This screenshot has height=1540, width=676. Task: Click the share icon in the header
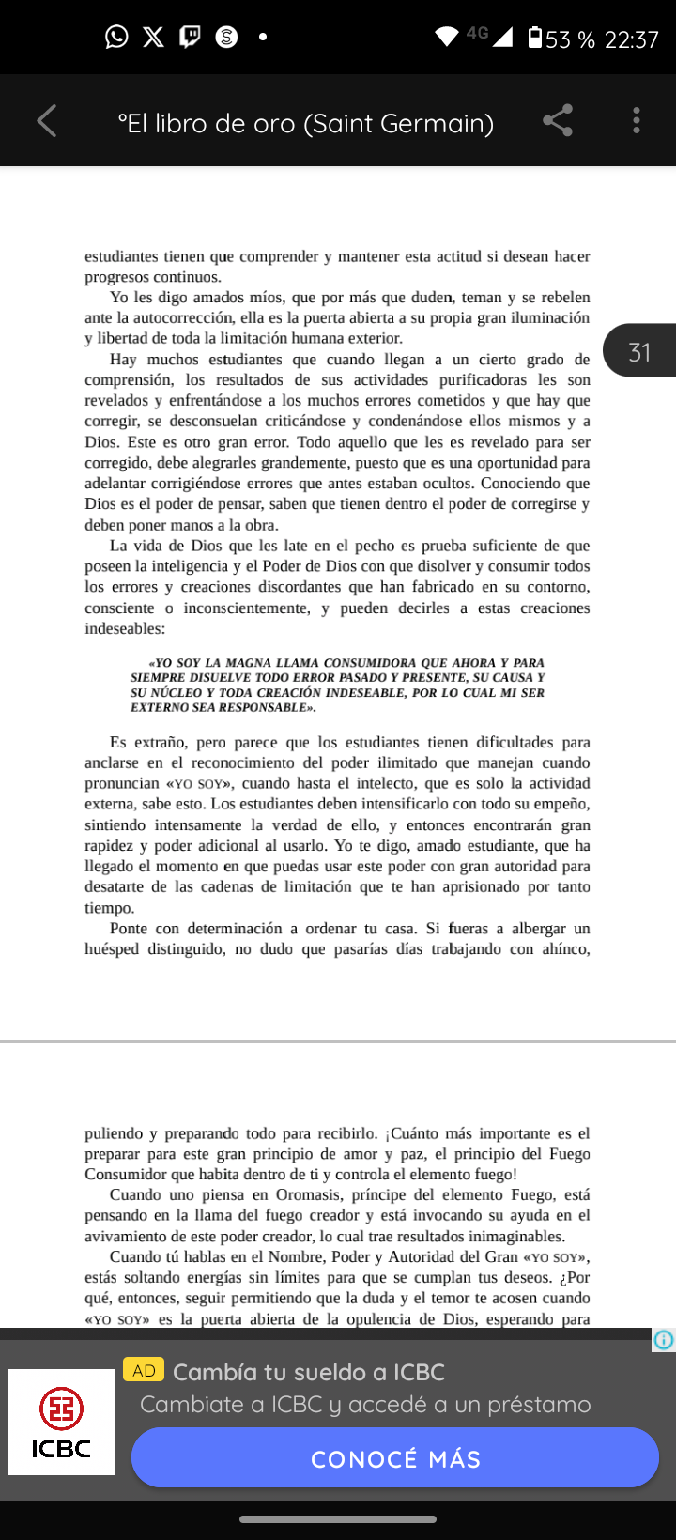pyautogui.click(x=558, y=121)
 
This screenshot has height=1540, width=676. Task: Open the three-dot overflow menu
pyautogui.click(x=637, y=121)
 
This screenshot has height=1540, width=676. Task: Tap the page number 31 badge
pyautogui.click(x=640, y=351)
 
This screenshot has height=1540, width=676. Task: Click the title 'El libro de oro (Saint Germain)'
pyautogui.click(x=306, y=123)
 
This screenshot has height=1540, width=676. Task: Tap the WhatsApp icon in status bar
pyautogui.click(x=116, y=37)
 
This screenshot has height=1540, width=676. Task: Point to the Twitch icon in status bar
pyautogui.click(x=190, y=37)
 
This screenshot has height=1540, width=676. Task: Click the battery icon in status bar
pyautogui.click(x=534, y=38)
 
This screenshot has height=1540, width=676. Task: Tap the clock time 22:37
pyautogui.click(x=632, y=39)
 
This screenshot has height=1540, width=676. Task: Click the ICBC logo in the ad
pyautogui.click(x=61, y=1422)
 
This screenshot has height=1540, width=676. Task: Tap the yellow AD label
pyautogui.click(x=144, y=1370)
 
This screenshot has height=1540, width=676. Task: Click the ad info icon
pyautogui.click(x=664, y=1340)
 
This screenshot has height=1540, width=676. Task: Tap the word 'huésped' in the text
pyautogui.click(x=113, y=949)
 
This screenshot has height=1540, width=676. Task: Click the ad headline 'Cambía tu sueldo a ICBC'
pyautogui.click(x=309, y=1372)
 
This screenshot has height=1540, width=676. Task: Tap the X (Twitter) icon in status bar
pyautogui.click(x=153, y=37)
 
